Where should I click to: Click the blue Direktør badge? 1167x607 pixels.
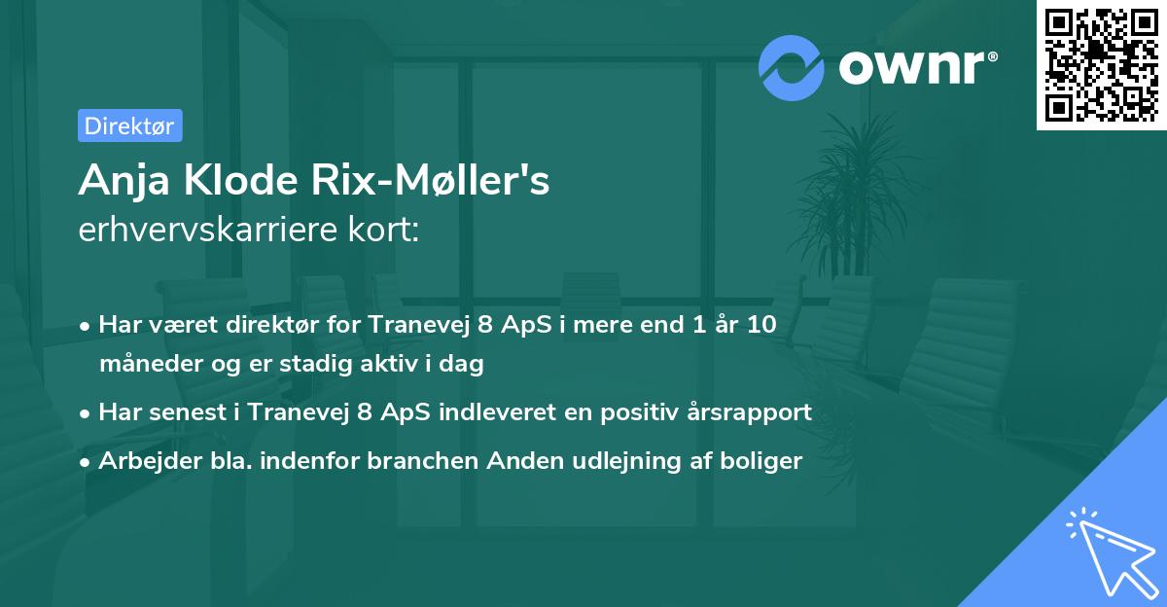pyautogui.click(x=130, y=125)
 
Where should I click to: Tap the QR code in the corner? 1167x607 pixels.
pyautogui.click(x=1101, y=65)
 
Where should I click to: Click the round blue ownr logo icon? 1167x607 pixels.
pyautogui.click(x=791, y=68)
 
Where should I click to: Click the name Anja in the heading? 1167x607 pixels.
pyautogui.click(x=124, y=181)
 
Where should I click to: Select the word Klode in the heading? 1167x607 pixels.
pyautogui.click(x=241, y=180)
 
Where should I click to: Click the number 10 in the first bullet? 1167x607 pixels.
pyautogui.click(x=761, y=325)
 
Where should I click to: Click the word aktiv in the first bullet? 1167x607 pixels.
pyautogui.click(x=393, y=363)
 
